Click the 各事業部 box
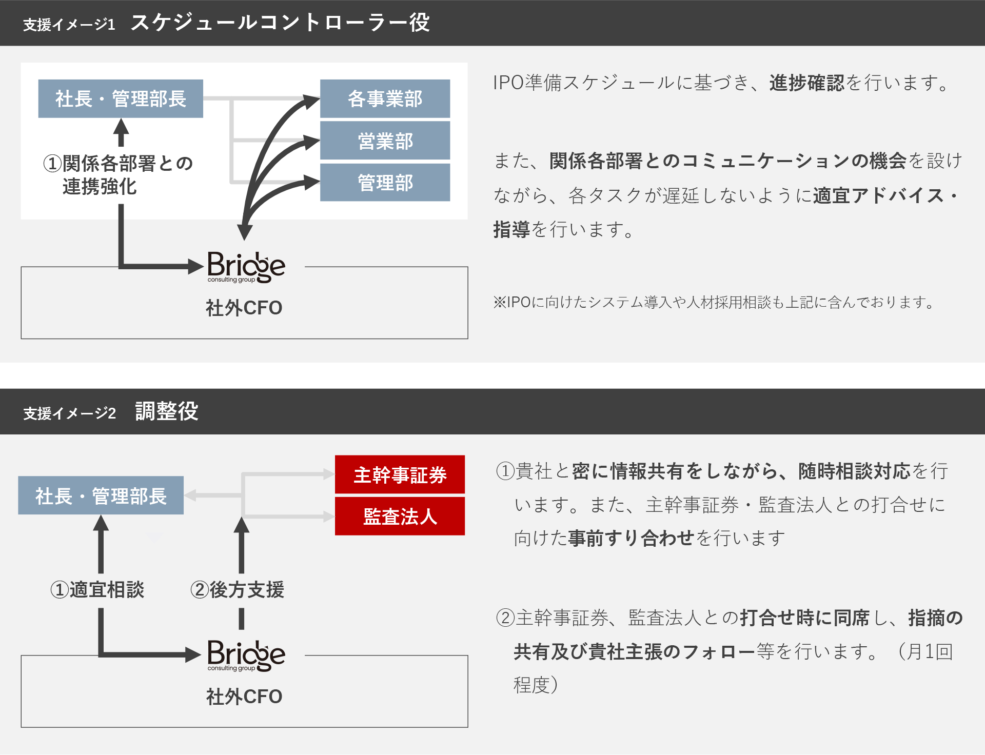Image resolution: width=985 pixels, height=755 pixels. (385, 98)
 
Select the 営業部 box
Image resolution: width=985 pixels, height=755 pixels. (385, 141)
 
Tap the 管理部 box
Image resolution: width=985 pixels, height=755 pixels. (385, 183)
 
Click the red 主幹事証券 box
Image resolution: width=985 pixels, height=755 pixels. (400, 474)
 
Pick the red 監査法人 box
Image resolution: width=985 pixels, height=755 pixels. (400, 516)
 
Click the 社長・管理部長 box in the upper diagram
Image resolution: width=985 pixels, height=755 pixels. (121, 98)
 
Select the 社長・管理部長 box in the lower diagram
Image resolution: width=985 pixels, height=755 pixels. (101, 495)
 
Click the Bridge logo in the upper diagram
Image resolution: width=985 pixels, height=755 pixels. (246, 267)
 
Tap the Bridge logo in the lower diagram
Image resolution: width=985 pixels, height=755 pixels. (246, 655)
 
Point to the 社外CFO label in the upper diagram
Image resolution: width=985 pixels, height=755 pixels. (244, 308)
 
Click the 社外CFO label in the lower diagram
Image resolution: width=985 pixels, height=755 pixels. (244, 697)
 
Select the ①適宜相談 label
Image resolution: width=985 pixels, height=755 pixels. (97, 590)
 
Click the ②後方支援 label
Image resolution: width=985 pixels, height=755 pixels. (237, 590)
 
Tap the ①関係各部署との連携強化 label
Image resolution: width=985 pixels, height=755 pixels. (118, 175)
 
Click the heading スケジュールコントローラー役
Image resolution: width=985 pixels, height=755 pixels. (280, 23)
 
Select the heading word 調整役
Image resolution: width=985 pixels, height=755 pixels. (167, 411)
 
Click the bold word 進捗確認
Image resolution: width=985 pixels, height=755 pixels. (806, 83)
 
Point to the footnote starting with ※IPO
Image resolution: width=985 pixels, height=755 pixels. (714, 302)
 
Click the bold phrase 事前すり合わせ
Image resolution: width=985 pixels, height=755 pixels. (631, 538)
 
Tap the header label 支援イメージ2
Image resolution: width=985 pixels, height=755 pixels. (70, 413)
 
